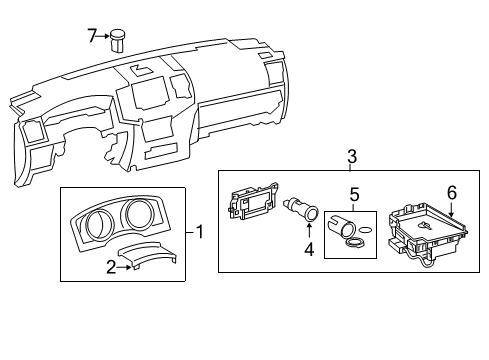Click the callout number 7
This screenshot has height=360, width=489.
tap(92, 36)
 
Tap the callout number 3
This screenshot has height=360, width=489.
tap(352, 157)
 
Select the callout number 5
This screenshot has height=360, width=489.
tap(354, 194)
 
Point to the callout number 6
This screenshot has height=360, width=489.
tap(452, 193)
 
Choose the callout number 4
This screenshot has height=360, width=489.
tap(309, 249)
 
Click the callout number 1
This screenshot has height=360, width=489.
tap(199, 232)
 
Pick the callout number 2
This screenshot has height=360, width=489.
tap(112, 267)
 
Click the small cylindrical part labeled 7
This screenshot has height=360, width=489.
tap(117, 41)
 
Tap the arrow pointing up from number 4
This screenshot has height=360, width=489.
tap(309, 231)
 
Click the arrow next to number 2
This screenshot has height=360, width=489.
tap(124, 267)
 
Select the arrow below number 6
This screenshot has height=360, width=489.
tap(452, 209)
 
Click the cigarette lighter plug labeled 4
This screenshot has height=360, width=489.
tap(301, 209)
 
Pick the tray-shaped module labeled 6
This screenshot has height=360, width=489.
tap(428, 234)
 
